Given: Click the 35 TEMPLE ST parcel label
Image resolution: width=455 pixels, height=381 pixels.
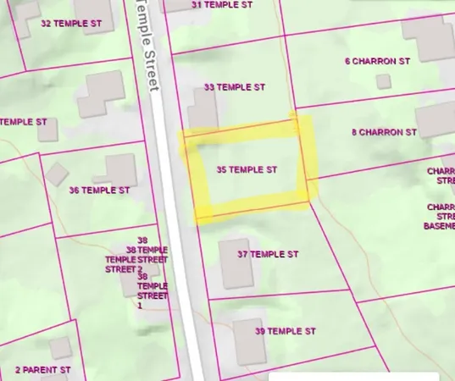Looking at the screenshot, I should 247,170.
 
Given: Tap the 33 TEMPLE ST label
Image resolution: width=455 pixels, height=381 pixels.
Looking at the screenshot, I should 235,87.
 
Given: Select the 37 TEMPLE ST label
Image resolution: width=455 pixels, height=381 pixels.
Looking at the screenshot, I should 268,254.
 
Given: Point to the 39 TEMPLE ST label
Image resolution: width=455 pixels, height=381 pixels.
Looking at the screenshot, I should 285,331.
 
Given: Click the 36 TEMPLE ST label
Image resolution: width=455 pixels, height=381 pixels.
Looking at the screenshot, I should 99,190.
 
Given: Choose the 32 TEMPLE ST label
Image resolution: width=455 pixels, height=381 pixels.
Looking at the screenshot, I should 71,23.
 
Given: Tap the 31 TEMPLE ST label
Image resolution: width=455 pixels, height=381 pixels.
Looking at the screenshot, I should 222,5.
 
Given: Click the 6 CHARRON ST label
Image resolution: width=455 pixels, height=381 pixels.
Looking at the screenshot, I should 377,61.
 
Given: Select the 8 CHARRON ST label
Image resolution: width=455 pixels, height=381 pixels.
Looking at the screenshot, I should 384,132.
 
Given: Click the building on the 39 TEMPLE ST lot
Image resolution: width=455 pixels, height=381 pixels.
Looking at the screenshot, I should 249,340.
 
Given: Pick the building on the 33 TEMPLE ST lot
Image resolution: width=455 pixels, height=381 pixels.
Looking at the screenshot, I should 203,112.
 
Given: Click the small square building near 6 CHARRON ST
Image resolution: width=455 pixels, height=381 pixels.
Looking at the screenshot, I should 383,81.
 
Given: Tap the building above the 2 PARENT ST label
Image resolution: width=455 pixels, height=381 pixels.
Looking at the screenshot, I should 60,347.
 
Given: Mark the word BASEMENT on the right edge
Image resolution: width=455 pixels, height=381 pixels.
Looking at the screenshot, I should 439,226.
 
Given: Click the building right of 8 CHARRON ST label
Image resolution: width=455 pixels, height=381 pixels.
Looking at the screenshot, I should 436,122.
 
